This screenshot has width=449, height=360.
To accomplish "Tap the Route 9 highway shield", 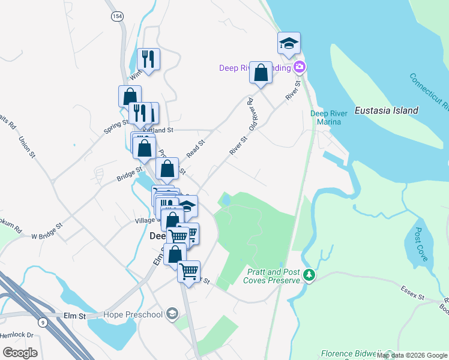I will [42, 322].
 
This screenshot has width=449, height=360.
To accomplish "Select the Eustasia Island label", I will [386, 110].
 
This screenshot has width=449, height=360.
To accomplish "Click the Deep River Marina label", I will [325, 118].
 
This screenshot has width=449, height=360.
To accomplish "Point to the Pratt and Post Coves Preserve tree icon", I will [309, 275].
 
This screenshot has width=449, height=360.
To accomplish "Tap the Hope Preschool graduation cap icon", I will [172, 314].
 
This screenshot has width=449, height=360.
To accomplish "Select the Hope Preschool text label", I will [133, 314].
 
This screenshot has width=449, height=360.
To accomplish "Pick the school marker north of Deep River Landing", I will [289, 44].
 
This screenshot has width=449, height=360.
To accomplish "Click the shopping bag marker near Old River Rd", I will [261, 73].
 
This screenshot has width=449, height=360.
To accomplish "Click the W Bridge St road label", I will [47, 230].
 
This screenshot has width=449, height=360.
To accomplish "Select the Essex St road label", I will [412, 292].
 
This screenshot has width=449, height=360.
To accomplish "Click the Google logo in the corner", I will [20, 353].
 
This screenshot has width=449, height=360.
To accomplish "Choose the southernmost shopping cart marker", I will [189, 272].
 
